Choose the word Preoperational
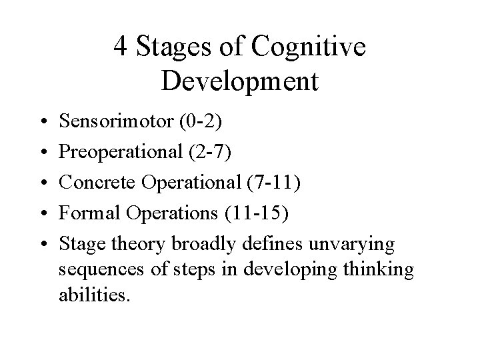pos(117,153)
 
